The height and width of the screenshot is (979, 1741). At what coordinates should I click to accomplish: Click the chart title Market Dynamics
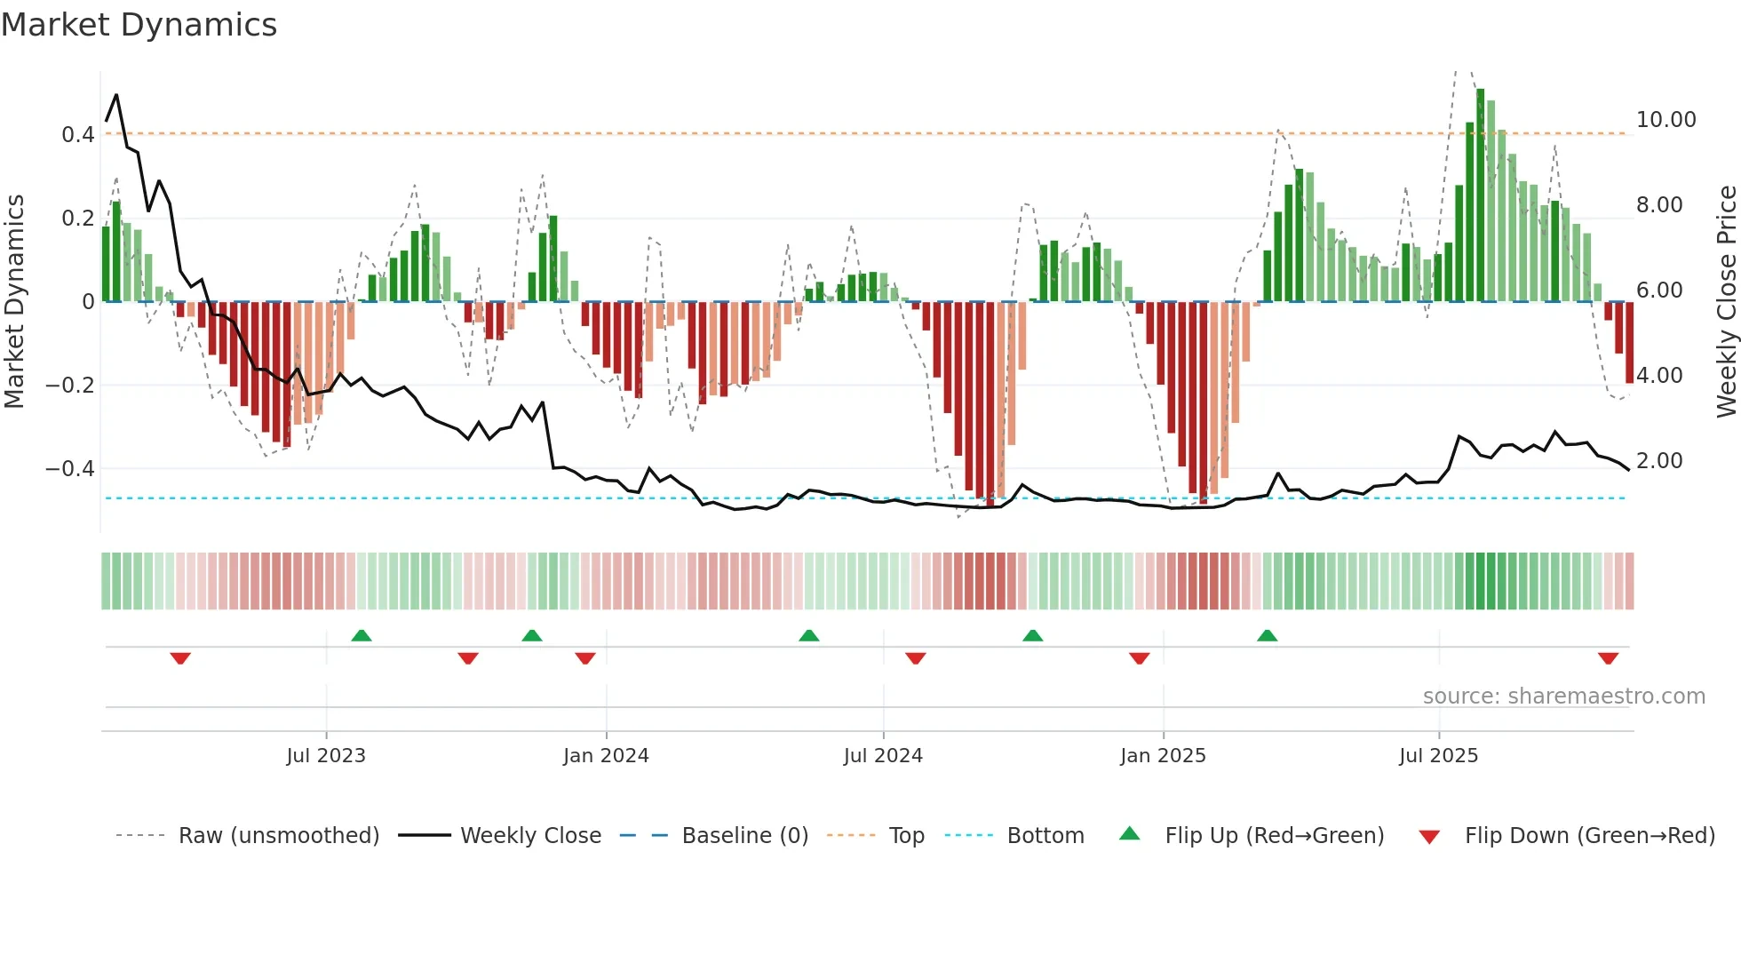pos(139,25)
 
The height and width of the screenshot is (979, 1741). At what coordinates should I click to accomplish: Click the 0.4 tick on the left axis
pos(77,135)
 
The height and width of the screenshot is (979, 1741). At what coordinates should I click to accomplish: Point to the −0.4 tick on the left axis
pos(70,468)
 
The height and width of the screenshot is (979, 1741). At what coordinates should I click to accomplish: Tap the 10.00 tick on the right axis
pos(1665,120)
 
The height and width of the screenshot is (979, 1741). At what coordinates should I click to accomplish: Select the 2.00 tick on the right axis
pos(1659,461)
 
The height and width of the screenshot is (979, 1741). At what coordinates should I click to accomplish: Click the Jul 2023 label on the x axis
pos(326,756)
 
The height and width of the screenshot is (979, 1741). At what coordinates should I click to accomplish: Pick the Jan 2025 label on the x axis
pos(1163,756)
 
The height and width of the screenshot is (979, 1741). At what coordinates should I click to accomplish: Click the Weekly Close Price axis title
pos(1726,301)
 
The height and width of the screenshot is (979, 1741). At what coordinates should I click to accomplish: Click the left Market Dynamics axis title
pos(15,301)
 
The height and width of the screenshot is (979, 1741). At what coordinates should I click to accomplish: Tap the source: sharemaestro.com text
pos(1563,696)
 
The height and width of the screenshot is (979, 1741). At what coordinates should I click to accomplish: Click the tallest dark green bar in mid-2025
pos(1480,195)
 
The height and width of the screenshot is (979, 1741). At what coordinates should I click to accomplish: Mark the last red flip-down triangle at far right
pos(1608,658)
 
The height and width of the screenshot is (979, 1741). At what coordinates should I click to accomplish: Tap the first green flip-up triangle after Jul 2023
pos(362,635)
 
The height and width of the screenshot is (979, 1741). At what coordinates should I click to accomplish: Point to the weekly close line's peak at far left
pos(116,95)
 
